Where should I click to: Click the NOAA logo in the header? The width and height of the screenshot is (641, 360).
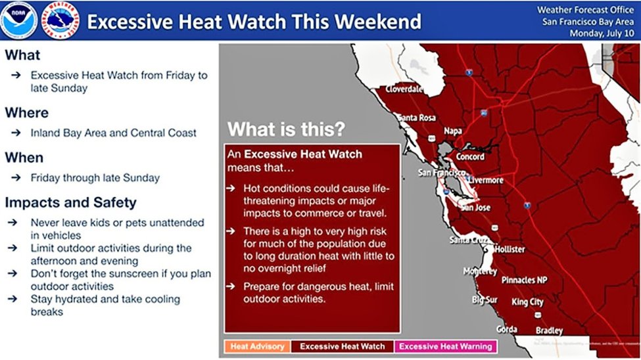point(18,20)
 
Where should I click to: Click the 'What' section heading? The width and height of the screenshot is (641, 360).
point(22,55)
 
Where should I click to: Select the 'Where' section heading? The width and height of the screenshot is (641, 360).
point(27,113)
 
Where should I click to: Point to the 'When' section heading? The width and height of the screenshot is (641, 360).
point(24,158)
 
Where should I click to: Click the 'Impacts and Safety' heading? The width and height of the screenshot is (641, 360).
point(70,202)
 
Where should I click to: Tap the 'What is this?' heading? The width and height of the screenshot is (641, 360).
point(285,129)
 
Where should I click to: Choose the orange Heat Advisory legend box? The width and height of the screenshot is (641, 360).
point(257,346)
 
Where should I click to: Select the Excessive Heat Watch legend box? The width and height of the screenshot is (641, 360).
point(343,346)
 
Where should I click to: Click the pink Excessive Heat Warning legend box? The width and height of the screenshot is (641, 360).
point(445,346)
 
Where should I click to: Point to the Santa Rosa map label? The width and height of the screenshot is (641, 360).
point(416,118)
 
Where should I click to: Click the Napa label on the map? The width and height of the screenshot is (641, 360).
point(453,131)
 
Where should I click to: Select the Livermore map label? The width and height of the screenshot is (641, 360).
point(485,180)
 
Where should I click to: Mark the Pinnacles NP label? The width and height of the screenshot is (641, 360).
point(524,280)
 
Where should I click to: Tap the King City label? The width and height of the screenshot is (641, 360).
point(527,302)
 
